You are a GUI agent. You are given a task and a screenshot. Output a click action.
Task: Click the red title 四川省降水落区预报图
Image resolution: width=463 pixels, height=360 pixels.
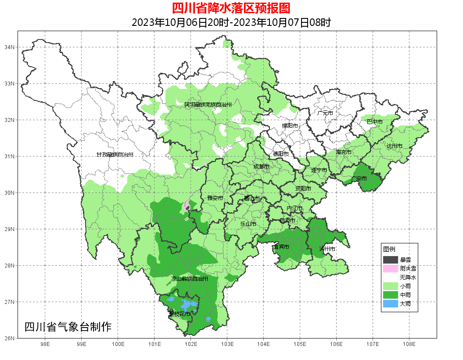(x=231, y=8)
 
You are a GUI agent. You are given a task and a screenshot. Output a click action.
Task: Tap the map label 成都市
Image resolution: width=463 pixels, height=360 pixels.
(x=261, y=167)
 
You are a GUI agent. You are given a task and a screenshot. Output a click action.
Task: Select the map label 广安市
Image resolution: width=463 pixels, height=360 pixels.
(x=359, y=178)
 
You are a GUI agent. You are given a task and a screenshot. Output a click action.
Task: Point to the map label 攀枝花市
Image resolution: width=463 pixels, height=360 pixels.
(x=179, y=314)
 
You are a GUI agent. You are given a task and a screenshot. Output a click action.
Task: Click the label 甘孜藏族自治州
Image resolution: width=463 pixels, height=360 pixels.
(x=115, y=155)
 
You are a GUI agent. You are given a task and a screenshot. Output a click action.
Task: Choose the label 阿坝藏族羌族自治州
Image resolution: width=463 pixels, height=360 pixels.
(x=208, y=105)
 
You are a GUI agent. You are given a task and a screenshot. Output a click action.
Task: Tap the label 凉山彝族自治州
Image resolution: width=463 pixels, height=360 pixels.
(x=189, y=278)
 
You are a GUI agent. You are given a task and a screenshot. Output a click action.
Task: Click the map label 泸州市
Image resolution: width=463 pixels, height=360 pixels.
(x=327, y=249)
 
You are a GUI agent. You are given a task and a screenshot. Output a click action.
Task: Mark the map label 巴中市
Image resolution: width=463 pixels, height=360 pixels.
(x=374, y=121)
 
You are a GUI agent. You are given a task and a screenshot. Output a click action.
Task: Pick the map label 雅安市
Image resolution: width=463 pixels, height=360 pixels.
(x=215, y=198)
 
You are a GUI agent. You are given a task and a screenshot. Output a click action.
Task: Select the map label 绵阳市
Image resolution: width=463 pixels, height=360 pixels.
(x=290, y=126)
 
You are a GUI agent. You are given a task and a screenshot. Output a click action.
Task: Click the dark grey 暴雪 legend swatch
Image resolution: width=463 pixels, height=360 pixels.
(x=390, y=260)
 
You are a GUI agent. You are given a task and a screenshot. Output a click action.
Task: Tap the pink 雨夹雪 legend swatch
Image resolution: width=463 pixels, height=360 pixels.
(x=390, y=268)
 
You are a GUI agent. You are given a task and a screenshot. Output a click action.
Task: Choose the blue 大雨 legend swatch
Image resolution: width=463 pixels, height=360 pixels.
(x=390, y=303)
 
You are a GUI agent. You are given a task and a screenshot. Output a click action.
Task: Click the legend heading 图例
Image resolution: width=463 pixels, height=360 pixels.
(x=389, y=249)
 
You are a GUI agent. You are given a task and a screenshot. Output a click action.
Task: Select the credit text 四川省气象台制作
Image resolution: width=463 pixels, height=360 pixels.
(x=68, y=327)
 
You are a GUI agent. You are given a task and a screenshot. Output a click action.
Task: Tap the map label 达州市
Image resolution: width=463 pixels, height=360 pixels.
(x=394, y=146)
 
